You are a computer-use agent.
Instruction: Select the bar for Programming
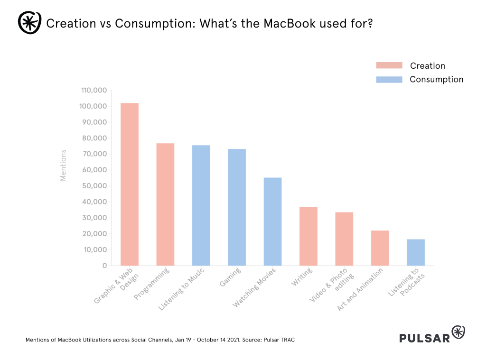165,204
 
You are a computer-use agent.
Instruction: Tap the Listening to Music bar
201,205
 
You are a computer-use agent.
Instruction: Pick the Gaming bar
237,207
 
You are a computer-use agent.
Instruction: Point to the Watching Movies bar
272,222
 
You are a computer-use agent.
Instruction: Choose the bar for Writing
308,236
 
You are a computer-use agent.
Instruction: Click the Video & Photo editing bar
344,239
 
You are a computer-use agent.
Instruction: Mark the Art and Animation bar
380,248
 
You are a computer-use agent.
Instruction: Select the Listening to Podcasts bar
416,252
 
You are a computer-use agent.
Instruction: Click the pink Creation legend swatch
389,65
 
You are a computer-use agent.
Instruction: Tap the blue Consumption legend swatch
389,79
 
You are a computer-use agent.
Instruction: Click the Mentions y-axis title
63,165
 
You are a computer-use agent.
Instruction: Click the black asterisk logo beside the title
30,22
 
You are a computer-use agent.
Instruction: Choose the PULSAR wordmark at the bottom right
424,338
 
